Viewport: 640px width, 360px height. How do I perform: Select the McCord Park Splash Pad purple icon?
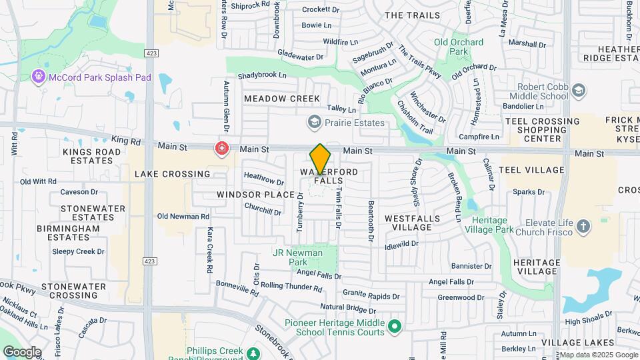[39, 77]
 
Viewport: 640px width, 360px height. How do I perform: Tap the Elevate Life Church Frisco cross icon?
[583, 227]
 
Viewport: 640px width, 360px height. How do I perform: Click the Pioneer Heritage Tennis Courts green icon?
[395, 327]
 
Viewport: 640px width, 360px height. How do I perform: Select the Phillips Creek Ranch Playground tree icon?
[253, 353]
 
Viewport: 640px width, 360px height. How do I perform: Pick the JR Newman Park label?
[297, 257]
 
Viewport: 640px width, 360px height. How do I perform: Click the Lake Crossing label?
[172, 174]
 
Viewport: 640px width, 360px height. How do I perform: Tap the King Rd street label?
[127, 141]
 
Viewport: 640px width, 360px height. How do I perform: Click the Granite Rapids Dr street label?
[371, 294]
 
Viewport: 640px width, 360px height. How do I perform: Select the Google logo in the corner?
[22, 352]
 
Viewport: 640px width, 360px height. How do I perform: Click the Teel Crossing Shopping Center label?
[542, 129]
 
